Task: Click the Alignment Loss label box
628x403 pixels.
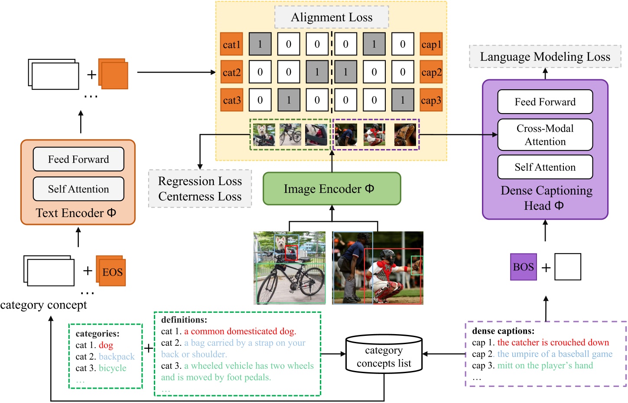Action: tap(332, 17)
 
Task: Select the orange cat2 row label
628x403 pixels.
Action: tap(231, 72)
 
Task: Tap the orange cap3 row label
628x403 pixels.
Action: tap(431, 100)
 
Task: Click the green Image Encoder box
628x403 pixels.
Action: tap(332, 189)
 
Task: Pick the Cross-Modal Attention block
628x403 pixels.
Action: tap(545, 135)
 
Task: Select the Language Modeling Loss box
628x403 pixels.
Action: tap(545, 57)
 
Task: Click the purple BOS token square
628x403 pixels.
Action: tap(523, 267)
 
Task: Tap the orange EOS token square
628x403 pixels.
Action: tap(112, 272)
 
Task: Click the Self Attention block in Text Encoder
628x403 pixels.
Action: tap(78, 189)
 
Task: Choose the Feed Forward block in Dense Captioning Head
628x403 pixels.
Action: tap(545, 102)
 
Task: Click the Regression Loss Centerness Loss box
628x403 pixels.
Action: tap(200, 188)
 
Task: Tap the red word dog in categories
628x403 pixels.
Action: tap(106, 345)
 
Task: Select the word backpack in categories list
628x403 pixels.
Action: tap(117, 357)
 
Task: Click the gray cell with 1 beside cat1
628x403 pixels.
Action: tap(260, 44)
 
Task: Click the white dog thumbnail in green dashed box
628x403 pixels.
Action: tap(264, 134)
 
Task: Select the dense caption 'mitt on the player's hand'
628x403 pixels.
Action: tap(545, 365)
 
